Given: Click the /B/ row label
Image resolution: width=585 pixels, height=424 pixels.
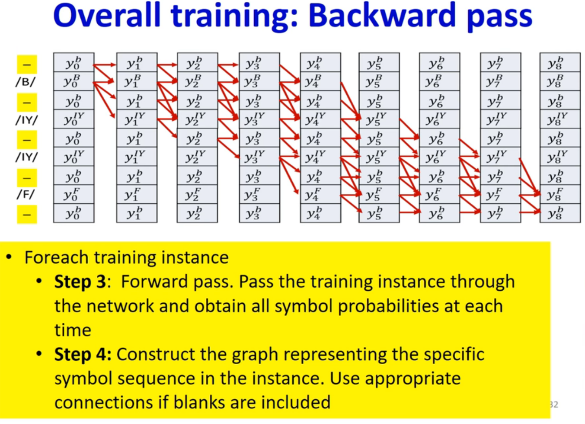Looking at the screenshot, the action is click(26, 82).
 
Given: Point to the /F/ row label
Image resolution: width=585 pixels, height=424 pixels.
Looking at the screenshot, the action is click(26, 194).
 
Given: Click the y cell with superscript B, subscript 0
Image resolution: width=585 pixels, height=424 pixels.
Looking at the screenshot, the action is click(74, 81).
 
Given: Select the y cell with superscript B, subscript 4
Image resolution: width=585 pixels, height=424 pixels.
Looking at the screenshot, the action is click(320, 81).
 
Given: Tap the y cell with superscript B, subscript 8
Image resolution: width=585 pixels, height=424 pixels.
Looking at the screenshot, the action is click(560, 81).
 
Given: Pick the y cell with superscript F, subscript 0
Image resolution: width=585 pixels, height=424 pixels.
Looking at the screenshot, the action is click(74, 194).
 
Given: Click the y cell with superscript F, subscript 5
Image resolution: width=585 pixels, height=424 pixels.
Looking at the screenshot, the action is click(379, 194).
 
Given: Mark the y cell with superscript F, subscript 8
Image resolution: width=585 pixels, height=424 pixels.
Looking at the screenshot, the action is click(560, 194).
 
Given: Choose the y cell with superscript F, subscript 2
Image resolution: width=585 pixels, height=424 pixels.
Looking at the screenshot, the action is click(197, 194).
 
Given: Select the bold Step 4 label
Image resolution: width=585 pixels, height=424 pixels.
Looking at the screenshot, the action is click(83, 355).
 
